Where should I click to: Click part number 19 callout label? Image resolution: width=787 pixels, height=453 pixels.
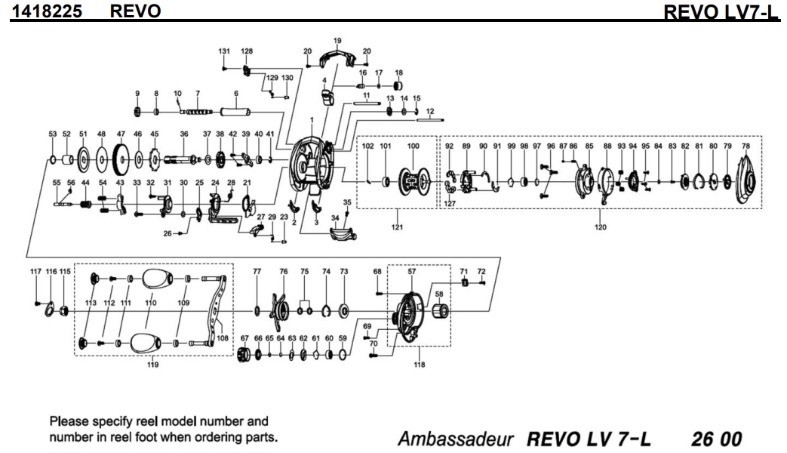[337, 40]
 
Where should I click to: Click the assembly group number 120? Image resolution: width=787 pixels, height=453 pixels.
[601, 226]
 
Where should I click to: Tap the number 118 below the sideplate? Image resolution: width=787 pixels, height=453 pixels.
[420, 365]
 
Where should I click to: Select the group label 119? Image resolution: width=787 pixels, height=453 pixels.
[154, 365]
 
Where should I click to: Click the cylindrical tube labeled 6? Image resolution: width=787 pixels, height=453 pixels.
[235, 112]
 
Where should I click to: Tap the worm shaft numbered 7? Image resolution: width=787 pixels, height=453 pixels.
[197, 112]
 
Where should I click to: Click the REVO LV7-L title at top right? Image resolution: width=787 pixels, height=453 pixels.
[720, 12]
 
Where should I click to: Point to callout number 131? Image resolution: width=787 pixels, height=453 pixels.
[224, 51]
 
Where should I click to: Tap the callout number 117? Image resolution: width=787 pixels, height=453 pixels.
[36, 271]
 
